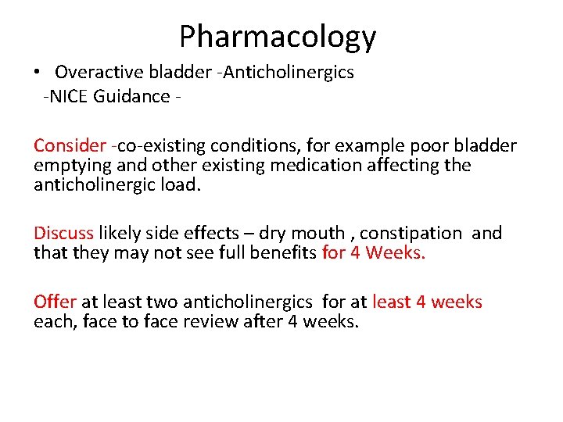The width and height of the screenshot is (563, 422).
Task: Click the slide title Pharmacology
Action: pos(278,37)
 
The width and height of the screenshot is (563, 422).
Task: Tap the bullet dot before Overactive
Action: pos(37,73)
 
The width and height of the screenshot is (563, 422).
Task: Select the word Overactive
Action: pos(99,73)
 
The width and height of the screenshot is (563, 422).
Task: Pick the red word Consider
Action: pos(70,145)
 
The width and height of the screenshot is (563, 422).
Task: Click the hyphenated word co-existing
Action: pos(160,145)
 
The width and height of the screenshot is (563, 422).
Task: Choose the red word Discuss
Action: pos(63,233)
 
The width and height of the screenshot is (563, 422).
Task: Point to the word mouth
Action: pos(317,233)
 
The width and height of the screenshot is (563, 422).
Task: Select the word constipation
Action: pos(411,233)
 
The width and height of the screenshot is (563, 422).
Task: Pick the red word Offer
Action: pos(55,302)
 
